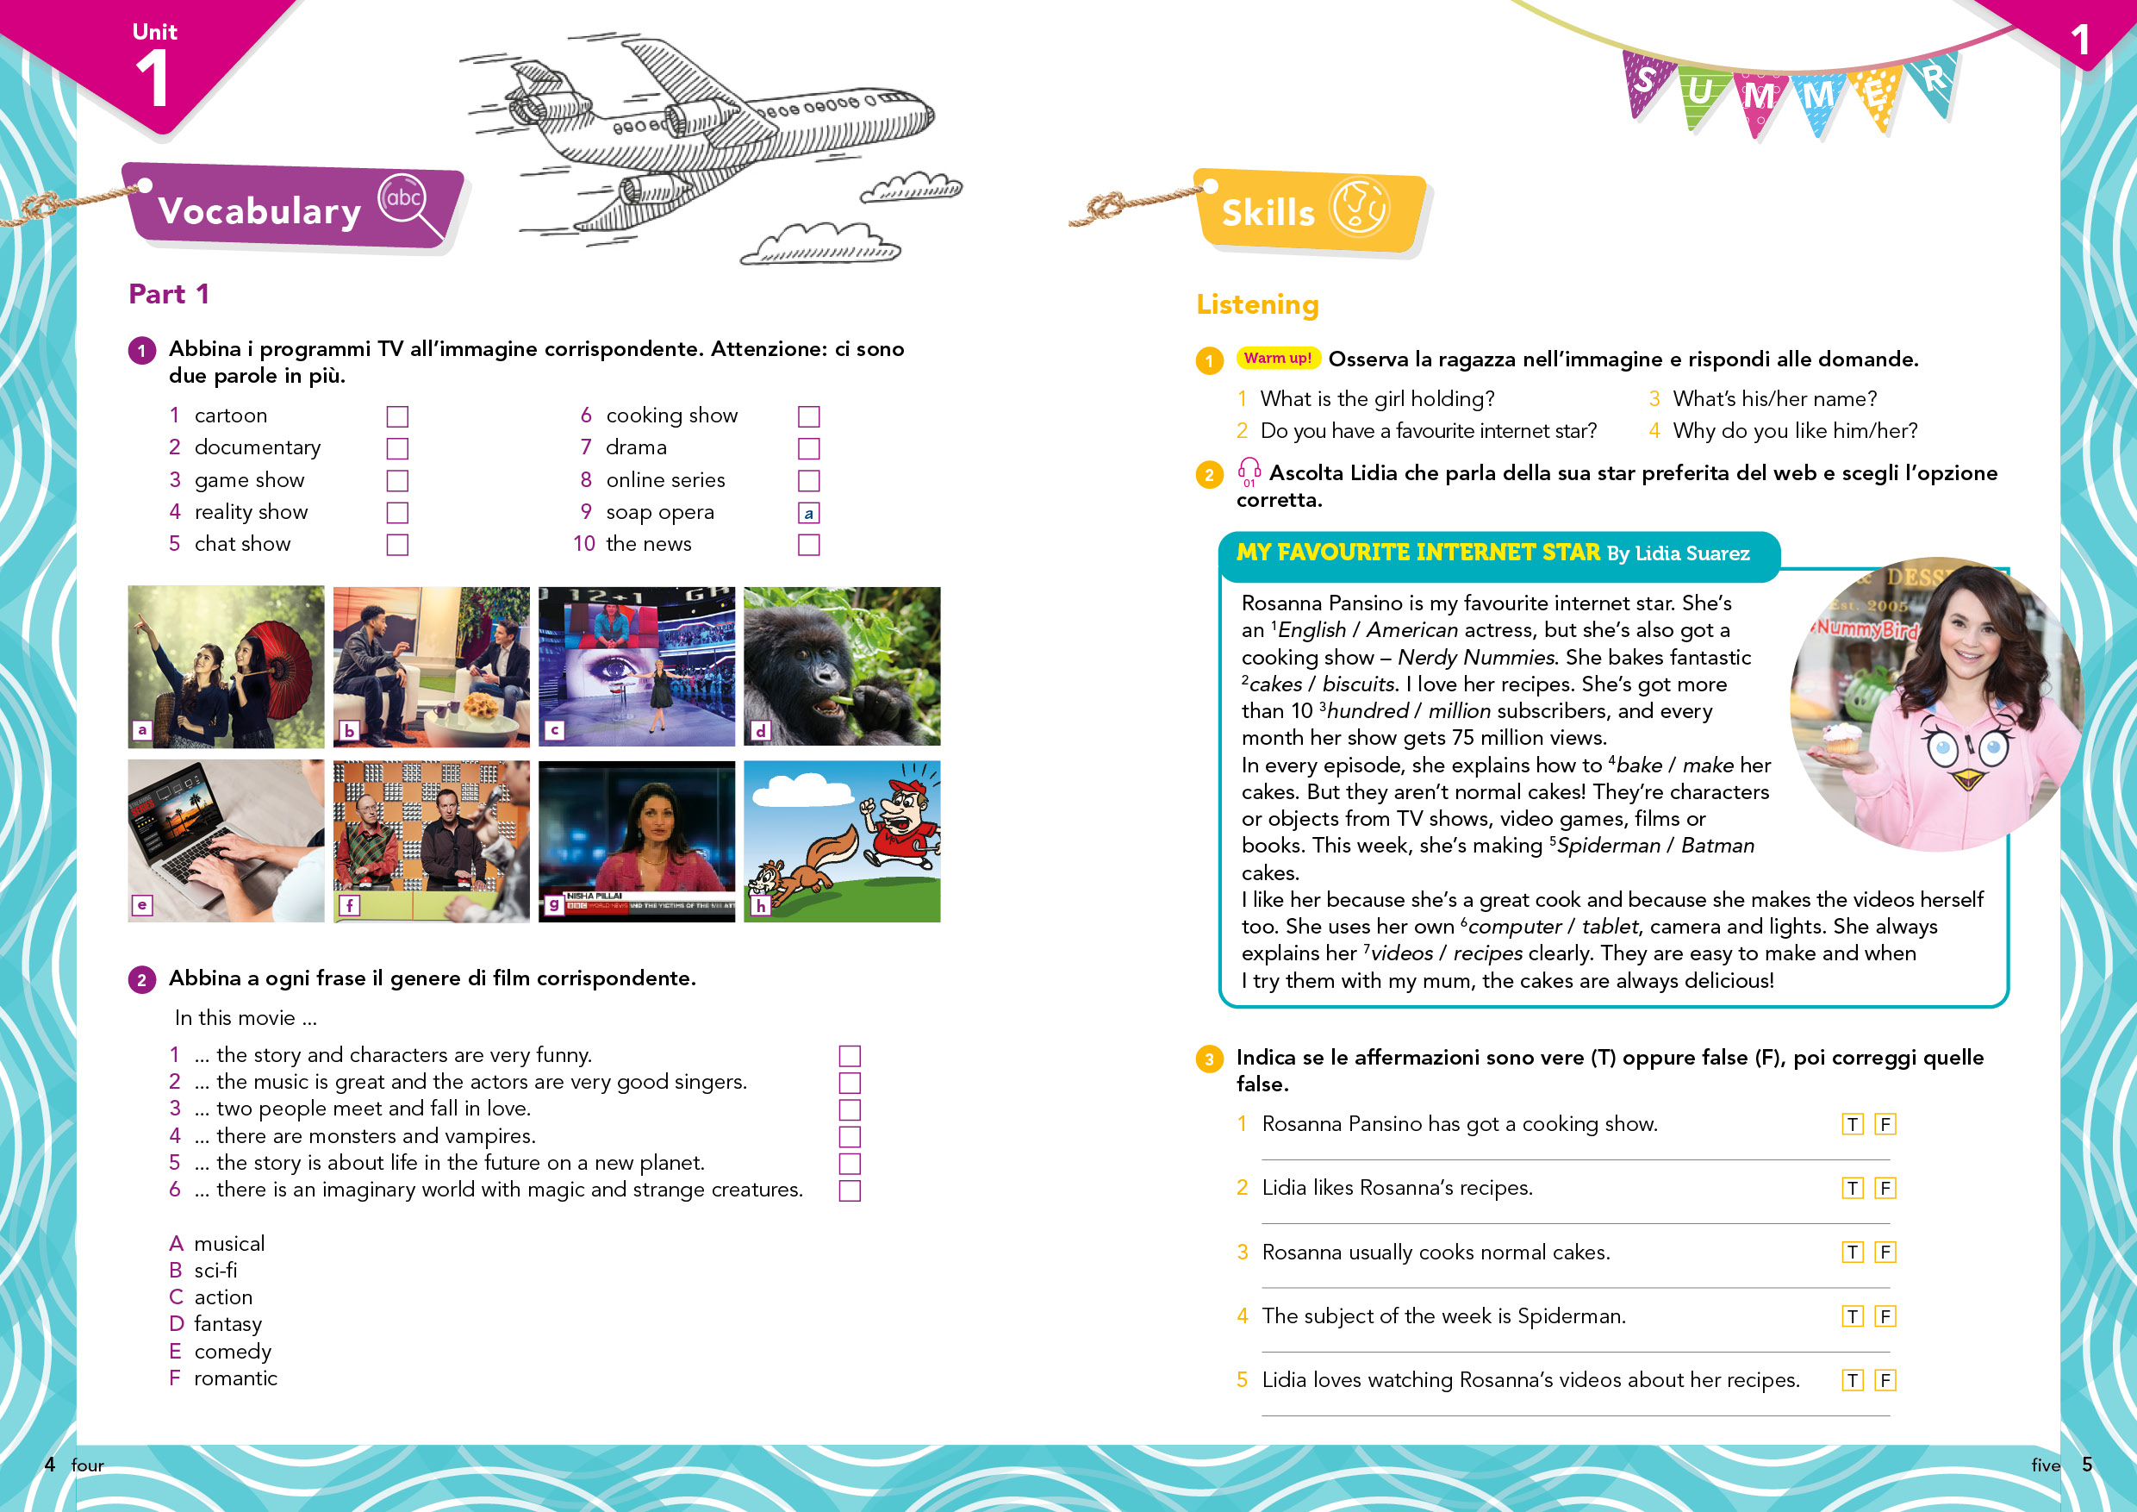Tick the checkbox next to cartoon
397,416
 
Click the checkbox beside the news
809,545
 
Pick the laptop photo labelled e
226,840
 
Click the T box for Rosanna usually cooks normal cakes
1852,1253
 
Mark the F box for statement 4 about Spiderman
1885,1316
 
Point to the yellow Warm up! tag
1277,359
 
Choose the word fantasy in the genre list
228,1324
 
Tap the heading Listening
1256,304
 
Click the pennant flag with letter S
1645,82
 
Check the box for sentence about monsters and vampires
850,1137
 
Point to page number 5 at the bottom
2087,1465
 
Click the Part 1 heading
169,294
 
